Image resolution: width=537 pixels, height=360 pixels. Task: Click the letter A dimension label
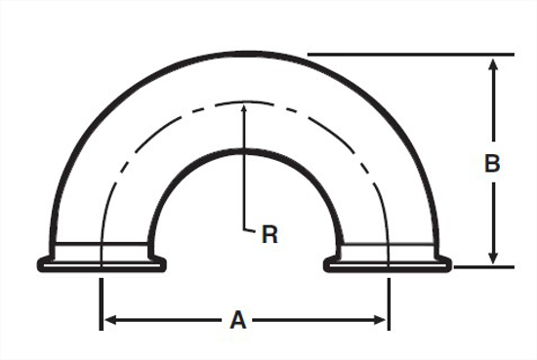pos(238,320)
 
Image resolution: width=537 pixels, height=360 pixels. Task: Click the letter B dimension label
pos(492,163)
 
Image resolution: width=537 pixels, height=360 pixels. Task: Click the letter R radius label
pos(269,234)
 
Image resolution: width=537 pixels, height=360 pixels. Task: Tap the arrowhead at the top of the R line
pos(244,109)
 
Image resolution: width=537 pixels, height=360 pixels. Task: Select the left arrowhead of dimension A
pos(109,320)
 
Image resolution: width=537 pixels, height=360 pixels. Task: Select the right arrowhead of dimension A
pos(380,320)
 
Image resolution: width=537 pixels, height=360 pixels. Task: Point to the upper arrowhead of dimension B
pos(493,64)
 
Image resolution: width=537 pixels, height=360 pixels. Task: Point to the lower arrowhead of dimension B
pos(493,258)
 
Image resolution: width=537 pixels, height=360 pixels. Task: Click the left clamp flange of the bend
pos(102,264)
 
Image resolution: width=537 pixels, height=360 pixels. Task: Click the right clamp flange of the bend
pos(388,264)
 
